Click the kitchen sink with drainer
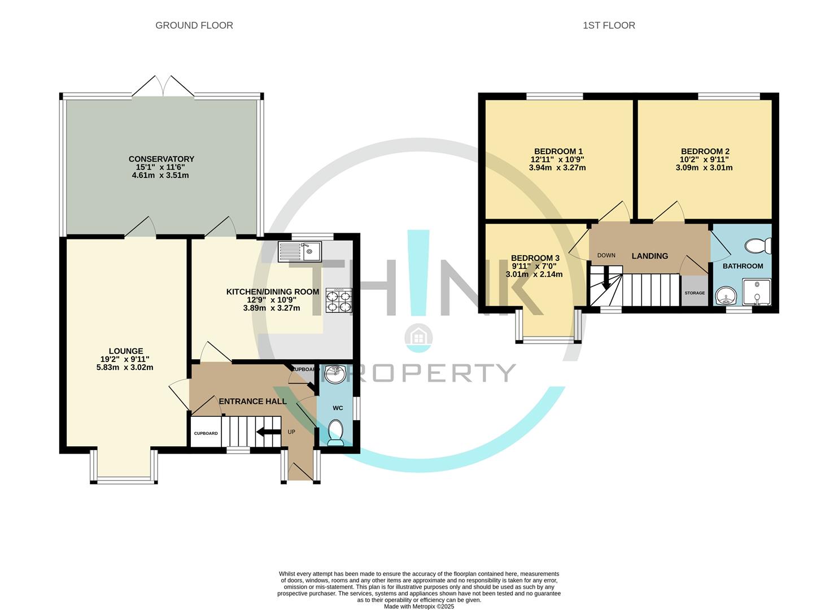[x=300, y=251]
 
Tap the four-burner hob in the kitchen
[x=339, y=300]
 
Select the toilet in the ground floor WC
[x=335, y=433]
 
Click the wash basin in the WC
[x=335, y=374]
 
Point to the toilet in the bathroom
[x=758, y=246]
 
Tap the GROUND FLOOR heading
[x=194, y=25]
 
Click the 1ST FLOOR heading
[x=609, y=25]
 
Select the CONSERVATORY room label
[x=162, y=159]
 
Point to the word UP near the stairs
[x=291, y=432]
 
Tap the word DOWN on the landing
[x=606, y=255]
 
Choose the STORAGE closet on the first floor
[x=695, y=290]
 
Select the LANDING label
[x=650, y=256]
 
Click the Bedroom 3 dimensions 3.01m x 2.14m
[x=534, y=274]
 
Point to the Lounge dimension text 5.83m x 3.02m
[x=125, y=368]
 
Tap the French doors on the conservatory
[x=163, y=87]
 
